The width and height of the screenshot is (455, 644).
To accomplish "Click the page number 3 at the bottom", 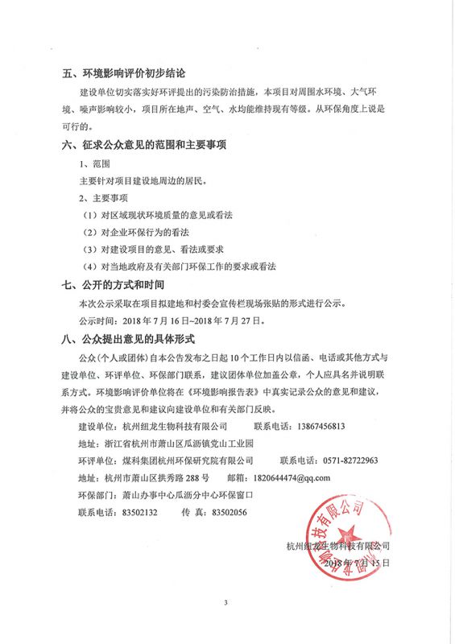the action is pyautogui.click(x=227, y=602).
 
